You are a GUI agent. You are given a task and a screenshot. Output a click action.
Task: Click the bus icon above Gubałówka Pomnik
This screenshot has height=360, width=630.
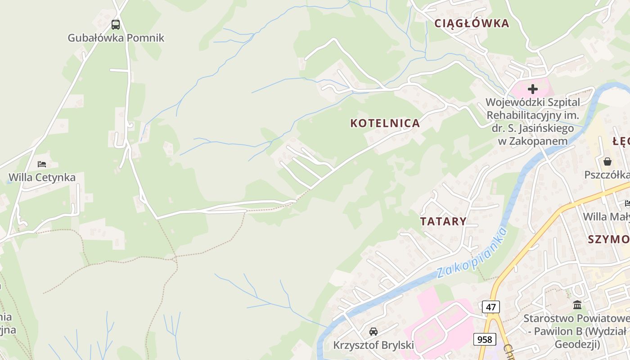(116, 25)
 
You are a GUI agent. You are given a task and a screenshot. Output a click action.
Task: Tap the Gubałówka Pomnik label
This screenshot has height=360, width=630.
(116, 38)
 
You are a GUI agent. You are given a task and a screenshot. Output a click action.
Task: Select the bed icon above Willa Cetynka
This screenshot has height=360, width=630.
(42, 164)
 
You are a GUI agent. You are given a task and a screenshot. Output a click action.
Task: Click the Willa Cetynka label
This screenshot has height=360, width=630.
(42, 177)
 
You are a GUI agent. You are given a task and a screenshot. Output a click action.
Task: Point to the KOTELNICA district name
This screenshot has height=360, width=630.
(385, 123)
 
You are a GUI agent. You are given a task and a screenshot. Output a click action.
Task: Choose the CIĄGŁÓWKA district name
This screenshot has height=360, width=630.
(471, 23)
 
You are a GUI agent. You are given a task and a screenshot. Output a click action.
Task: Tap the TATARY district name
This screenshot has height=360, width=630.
(443, 221)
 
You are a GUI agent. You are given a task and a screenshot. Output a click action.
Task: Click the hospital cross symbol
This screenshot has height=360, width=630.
(533, 89)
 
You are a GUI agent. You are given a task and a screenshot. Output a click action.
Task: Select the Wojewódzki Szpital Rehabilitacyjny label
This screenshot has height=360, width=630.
(533, 121)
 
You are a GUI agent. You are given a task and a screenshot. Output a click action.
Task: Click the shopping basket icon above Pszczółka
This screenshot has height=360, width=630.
(607, 162)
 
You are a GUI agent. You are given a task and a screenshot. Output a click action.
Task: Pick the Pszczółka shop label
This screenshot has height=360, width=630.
(607, 175)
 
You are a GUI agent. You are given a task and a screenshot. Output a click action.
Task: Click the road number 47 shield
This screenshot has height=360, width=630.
(490, 307)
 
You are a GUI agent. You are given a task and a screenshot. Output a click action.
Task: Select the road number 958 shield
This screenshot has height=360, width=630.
(484, 339)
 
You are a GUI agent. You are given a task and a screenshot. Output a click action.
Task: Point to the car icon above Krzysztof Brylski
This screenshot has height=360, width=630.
(373, 332)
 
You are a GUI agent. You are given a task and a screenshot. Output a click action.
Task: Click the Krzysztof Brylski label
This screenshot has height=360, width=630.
(373, 345)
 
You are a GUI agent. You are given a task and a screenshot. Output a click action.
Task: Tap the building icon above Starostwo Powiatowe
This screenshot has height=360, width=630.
(577, 306)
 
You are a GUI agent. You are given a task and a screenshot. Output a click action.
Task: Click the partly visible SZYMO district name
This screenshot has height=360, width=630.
(608, 239)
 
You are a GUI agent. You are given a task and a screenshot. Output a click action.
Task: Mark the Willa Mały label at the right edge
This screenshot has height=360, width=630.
(606, 217)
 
